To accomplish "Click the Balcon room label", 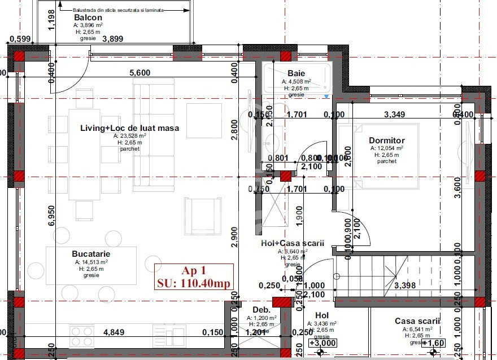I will point(88,17).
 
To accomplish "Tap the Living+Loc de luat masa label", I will point(129,128).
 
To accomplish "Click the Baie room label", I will point(297,73).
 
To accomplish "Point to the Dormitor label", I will point(387,141).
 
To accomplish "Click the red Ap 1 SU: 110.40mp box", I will point(193,276).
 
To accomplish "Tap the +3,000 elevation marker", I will point(322,343).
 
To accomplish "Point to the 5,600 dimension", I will point(140,72).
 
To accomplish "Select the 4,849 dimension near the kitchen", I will point(115,332).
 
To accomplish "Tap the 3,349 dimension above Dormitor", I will point(395,115).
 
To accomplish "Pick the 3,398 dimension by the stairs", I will point(405,286).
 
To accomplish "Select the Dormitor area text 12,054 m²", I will point(387,148).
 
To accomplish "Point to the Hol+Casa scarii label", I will point(293,243).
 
